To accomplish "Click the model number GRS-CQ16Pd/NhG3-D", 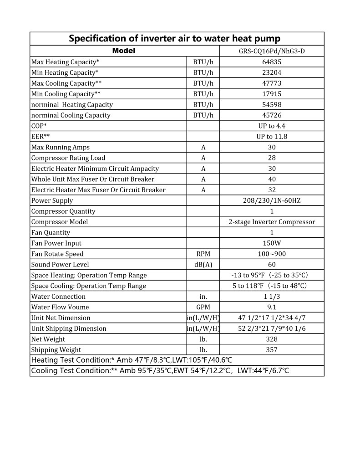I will pyautogui.click(x=272, y=51).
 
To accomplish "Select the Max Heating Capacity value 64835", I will pyautogui.click(x=272, y=62).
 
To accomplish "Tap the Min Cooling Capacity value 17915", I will pyautogui.click(x=272, y=94).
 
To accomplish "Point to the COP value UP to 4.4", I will pyautogui.click(x=272, y=126).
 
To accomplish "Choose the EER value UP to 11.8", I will pyautogui.click(x=272, y=137).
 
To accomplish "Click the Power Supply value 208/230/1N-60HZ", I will pyautogui.click(x=272, y=200).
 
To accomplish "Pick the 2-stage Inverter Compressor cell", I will pyautogui.click(x=272, y=222).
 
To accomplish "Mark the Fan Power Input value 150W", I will pyautogui.click(x=272, y=243).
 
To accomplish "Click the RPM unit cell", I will pyautogui.click(x=203, y=254).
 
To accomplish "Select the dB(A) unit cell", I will pyautogui.click(x=203, y=265).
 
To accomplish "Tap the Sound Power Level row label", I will pyautogui.click(x=60, y=265).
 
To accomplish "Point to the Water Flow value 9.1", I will pyautogui.click(x=272, y=307).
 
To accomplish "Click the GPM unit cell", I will pyautogui.click(x=203, y=307).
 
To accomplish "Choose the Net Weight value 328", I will pyautogui.click(x=272, y=339).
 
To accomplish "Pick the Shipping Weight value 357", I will pyautogui.click(x=272, y=350).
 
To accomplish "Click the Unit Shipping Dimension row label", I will pyautogui.click(x=69, y=328).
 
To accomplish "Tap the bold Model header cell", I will pyautogui.click(x=124, y=51).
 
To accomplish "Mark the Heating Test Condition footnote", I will pyautogui.click(x=132, y=360).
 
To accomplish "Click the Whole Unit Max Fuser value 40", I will pyautogui.click(x=272, y=179).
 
